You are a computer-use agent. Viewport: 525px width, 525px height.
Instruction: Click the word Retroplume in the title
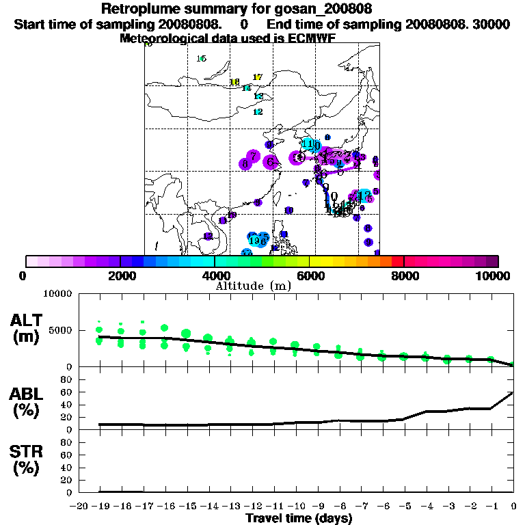point(141,9)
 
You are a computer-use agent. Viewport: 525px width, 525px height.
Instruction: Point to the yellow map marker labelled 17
point(257,77)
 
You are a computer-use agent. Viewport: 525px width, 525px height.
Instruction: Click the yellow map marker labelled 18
point(234,83)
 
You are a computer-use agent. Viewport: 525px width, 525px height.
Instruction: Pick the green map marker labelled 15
point(201,59)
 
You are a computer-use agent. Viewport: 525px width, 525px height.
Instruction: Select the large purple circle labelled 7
point(253,157)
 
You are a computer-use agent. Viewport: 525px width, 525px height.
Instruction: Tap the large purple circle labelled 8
point(244,164)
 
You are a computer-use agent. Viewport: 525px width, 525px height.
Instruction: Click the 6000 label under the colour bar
point(310,276)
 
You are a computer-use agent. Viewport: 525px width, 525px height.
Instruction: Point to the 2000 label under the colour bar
point(120,276)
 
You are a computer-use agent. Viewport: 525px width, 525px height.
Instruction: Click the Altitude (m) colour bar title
point(253,286)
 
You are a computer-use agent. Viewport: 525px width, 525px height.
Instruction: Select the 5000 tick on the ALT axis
point(60,330)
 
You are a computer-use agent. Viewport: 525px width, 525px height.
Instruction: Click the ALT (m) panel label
point(27,327)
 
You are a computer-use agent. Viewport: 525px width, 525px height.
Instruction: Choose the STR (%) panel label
point(27,460)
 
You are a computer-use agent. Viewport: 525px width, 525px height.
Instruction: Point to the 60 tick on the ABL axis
point(67,392)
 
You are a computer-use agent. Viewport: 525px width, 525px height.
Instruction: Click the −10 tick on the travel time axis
point(295,506)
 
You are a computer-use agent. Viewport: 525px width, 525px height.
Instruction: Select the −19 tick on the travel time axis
point(98,506)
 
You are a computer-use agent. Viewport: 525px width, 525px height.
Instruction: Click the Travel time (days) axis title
point(299,518)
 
